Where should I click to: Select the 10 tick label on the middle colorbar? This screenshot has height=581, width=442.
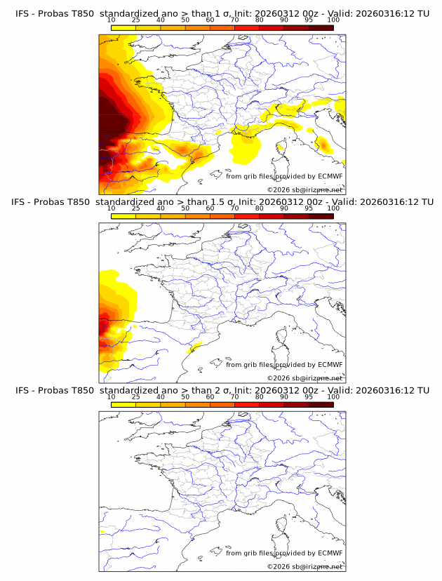(x=111, y=208)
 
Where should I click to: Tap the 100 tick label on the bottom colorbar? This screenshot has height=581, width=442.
(x=333, y=397)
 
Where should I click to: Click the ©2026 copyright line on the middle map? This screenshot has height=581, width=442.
(x=304, y=378)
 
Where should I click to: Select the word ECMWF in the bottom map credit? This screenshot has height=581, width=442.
(x=330, y=553)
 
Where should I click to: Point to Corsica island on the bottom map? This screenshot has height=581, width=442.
(x=282, y=526)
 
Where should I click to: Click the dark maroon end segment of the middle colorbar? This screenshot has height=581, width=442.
(x=321, y=216)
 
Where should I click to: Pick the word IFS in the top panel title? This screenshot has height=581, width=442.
(x=23, y=13)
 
